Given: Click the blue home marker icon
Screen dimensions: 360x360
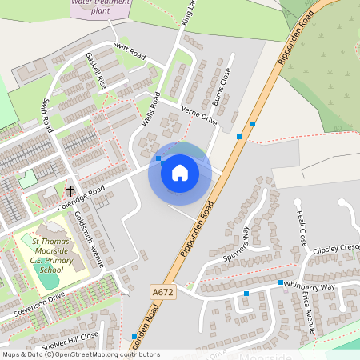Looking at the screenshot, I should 180,173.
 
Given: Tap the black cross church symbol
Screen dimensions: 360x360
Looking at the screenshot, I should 70,191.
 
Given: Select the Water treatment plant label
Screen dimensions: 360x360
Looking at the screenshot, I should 102,7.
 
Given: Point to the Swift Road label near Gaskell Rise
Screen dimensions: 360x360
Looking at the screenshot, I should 129,50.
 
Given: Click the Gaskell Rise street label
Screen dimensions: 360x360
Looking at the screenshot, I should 95,71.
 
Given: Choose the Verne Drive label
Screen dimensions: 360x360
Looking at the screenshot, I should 199,115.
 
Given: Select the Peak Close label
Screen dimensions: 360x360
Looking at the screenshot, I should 302,228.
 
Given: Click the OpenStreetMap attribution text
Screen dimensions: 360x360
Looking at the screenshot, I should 80,354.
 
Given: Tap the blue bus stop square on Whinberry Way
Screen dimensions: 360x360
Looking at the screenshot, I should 281,283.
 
